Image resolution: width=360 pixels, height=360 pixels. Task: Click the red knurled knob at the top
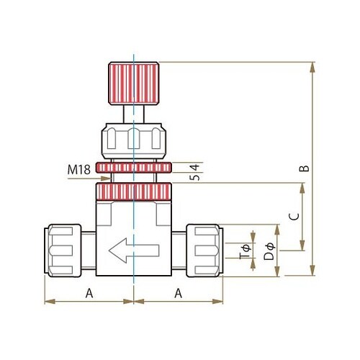(x=134, y=84)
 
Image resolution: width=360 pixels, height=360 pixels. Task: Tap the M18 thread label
(x=78, y=169)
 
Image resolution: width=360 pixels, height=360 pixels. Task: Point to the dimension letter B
(x=304, y=168)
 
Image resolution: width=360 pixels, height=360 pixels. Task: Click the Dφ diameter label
(x=269, y=252)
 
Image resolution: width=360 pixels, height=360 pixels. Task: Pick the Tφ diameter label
(x=246, y=252)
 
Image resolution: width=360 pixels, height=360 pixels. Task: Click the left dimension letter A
(x=89, y=293)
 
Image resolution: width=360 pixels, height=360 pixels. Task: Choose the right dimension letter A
(x=178, y=293)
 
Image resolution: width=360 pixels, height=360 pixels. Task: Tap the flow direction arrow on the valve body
(x=134, y=251)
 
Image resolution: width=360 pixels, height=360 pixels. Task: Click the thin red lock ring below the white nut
(x=134, y=168)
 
